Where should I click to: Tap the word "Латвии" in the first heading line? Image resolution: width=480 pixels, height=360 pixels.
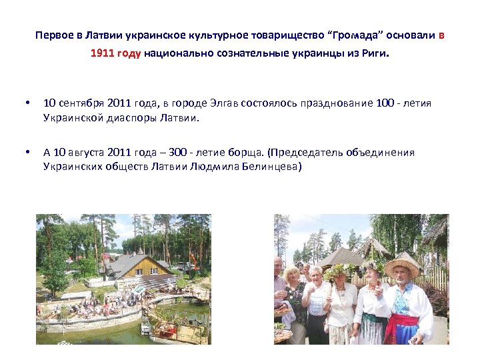[x=99, y=35]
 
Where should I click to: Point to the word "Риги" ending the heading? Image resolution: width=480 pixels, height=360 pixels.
[x=373, y=54]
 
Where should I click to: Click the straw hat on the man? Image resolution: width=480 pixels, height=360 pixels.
[x=402, y=265]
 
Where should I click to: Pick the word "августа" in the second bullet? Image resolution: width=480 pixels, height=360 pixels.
[x=83, y=153]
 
